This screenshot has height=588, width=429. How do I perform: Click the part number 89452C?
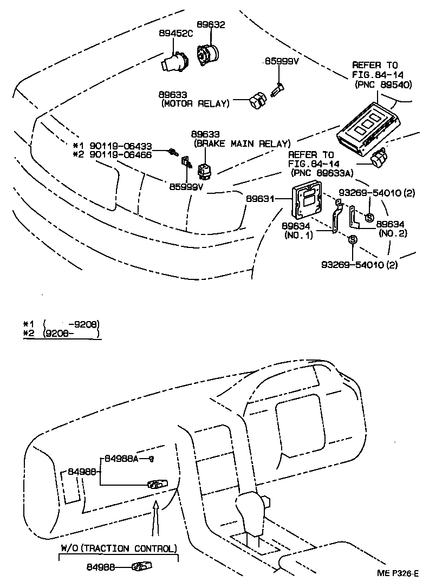(176, 32)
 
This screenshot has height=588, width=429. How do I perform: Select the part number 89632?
(211, 25)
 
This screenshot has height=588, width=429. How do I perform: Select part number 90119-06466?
(121, 155)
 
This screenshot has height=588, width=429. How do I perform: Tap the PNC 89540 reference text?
(383, 84)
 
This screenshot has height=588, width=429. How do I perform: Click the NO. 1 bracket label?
(298, 236)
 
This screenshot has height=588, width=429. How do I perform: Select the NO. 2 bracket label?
(394, 233)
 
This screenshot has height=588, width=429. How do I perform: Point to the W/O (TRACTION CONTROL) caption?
(118, 548)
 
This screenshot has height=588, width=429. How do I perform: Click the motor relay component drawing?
(256, 100)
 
